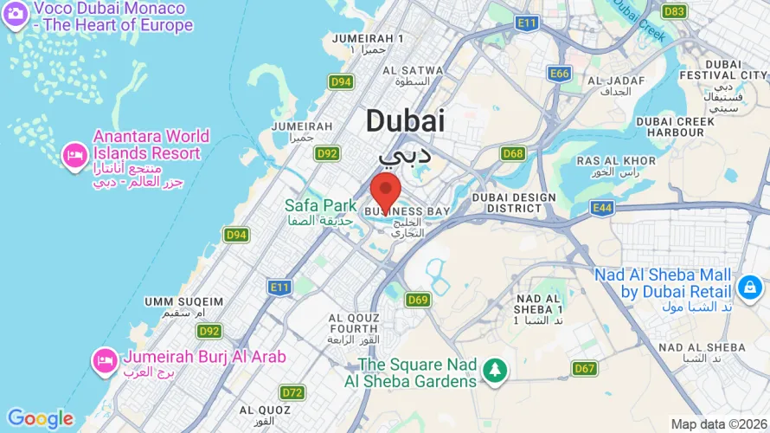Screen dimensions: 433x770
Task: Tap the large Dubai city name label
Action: [405, 120]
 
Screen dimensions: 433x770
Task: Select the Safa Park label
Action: [320, 206]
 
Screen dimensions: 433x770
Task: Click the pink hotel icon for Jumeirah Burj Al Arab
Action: [106, 359]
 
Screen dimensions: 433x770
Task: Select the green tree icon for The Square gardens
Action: [495, 371]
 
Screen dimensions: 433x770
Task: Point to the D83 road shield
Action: [674, 11]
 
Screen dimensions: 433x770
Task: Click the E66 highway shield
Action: [560, 74]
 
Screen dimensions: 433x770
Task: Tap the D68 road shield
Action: [513, 153]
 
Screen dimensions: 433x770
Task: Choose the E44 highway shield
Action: [603, 208]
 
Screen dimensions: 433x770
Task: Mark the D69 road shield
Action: [418, 300]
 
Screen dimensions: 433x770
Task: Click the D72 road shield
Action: [292, 392]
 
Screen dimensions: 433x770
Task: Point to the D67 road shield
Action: [585, 369]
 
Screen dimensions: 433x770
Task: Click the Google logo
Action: [41, 419]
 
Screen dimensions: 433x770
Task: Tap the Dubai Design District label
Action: [514, 203]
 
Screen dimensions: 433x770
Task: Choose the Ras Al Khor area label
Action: [615, 165]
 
